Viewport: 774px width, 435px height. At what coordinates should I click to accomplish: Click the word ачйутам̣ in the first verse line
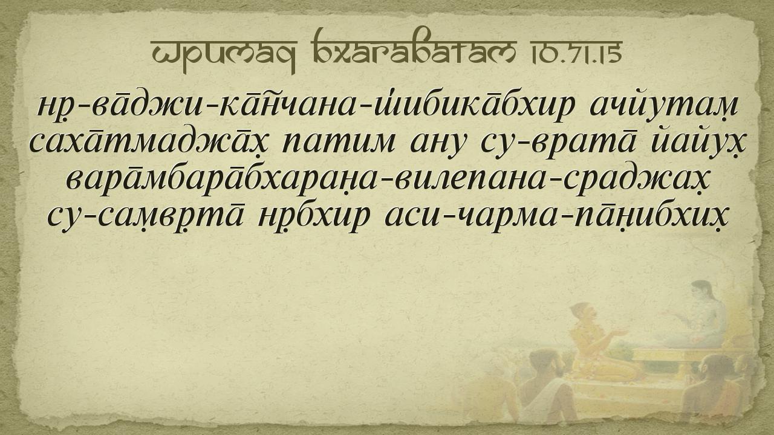coord(664,105)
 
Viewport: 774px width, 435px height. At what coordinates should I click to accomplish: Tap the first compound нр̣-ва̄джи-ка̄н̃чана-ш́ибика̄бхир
coord(304,105)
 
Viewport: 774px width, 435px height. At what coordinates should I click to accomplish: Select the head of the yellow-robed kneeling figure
coord(584,312)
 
